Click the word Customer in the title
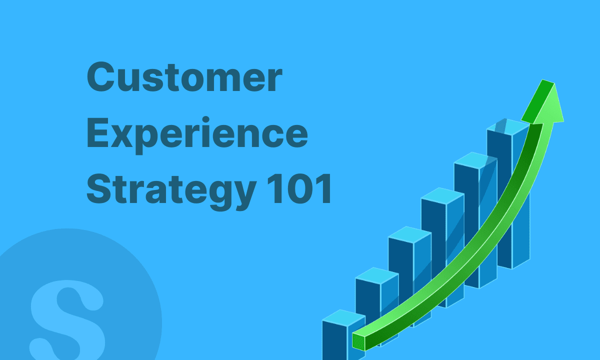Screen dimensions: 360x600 coord(184,78)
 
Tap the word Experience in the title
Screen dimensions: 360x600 coord(197,134)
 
